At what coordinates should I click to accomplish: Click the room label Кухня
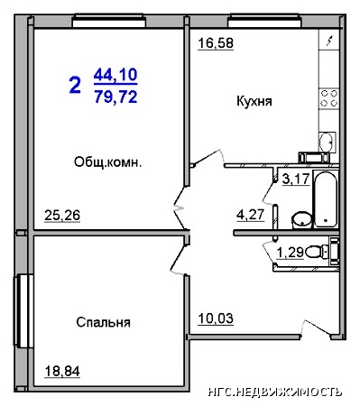click(x=254, y=101)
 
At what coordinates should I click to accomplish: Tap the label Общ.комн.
click(x=107, y=162)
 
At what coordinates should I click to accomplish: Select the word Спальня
click(x=103, y=322)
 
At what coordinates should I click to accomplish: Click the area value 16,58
click(x=216, y=43)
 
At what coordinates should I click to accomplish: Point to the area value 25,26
click(x=62, y=216)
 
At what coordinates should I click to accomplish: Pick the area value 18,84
click(x=62, y=371)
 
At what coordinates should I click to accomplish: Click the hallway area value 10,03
click(x=216, y=318)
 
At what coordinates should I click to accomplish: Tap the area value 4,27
click(x=251, y=215)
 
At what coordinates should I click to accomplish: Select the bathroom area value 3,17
click(x=296, y=179)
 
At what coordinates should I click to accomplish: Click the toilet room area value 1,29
click(x=290, y=253)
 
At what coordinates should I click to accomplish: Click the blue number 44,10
click(x=115, y=75)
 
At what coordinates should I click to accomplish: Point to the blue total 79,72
click(x=115, y=97)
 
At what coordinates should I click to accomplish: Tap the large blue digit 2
click(x=75, y=85)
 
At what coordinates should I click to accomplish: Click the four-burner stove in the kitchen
click(x=329, y=98)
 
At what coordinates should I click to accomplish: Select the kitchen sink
click(x=327, y=142)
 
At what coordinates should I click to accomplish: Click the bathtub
click(x=326, y=199)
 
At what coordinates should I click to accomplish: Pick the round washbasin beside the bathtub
click(x=302, y=219)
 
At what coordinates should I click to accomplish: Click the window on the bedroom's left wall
click(x=23, y=310)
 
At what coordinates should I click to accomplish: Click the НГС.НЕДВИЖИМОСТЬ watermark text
click(x=275, y=392)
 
